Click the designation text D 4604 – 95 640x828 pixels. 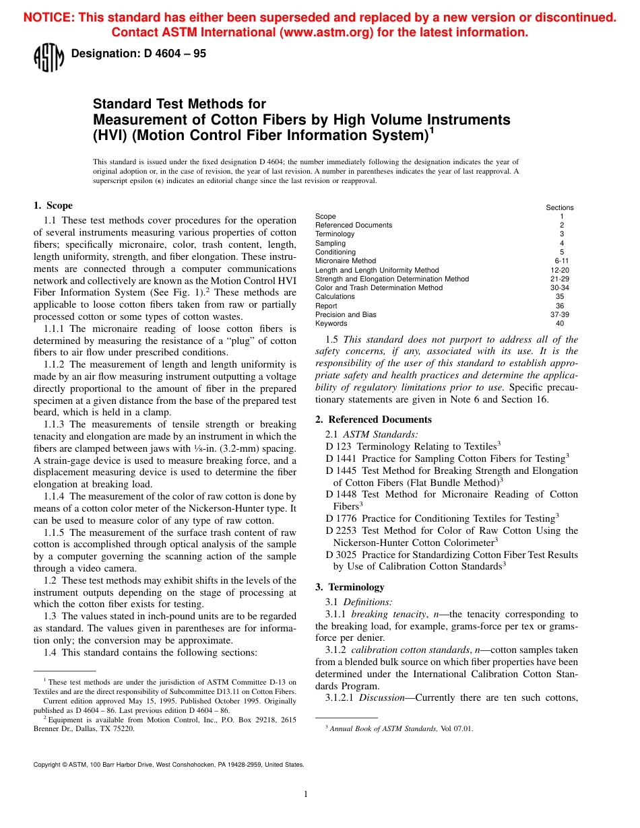point(138,54)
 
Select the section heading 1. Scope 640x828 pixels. point(53,205)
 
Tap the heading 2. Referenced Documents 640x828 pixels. point(373,419)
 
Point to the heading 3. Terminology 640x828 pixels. point(350,587)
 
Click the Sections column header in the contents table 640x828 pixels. point(559,207)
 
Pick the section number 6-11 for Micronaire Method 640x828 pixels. point(561,261)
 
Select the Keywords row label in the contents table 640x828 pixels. point(330,323)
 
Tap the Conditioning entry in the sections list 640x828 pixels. point(335,252)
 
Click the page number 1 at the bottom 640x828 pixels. point(305,794)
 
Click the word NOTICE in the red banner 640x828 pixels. point(47,18)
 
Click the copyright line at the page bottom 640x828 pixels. point(168,765)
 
